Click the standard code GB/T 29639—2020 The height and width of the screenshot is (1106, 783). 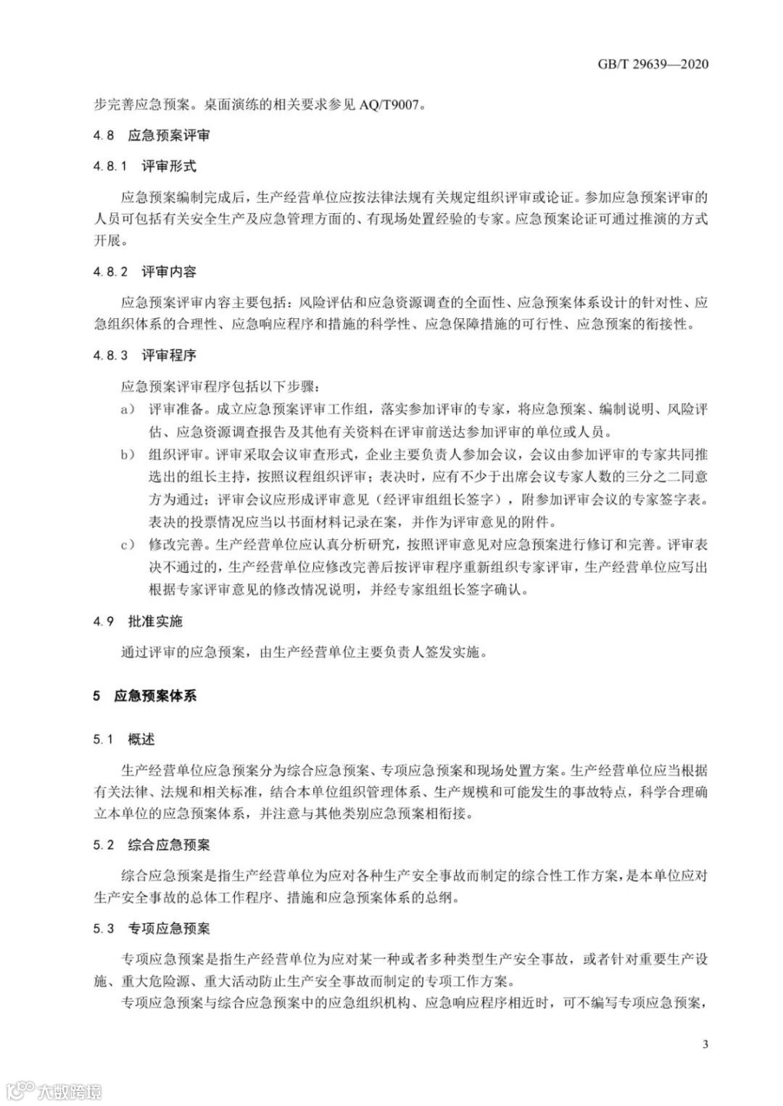tap(652, 64)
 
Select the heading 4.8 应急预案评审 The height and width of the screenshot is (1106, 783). tap(152, 135)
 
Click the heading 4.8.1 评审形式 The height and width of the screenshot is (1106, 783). tap(145, 166)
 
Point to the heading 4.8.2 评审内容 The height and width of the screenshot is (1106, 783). tap(145, 272)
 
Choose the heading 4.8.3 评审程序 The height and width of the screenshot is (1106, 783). tap(145, 355)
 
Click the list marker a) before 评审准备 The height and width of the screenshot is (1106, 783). tap(128, 409)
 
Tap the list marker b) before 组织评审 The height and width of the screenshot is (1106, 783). tap(128, 455)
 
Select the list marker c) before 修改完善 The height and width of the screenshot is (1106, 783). tap(128, 544)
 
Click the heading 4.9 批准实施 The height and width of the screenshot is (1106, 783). tap(138, 621)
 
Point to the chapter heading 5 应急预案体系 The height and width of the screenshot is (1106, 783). tap(145, 696)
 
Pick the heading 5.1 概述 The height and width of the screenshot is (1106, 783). tap(124, 739)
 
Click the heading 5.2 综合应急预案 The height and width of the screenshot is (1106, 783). tap(152, 845)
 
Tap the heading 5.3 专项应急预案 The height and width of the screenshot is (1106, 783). tap(152, 928)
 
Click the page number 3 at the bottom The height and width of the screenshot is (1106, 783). tap(705, 1044)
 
